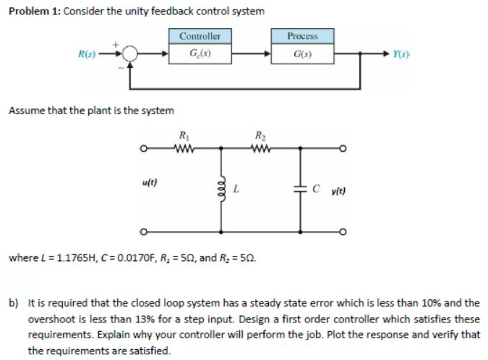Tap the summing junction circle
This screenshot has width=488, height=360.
130,53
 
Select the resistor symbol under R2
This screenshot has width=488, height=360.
258,150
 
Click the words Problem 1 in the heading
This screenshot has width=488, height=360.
30,12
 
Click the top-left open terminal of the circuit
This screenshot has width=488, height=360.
146,151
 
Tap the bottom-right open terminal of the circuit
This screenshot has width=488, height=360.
348,233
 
